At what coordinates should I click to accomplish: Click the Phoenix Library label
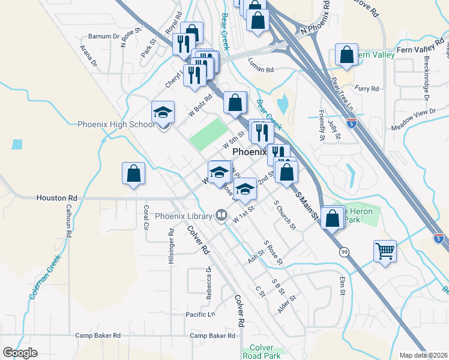point(183,216)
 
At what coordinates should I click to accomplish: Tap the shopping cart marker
point(385,251)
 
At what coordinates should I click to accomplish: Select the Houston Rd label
point(57,197)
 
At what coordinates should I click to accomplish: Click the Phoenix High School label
point(116,125)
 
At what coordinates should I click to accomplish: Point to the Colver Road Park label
point(263,352)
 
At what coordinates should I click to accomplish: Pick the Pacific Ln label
point(200,314)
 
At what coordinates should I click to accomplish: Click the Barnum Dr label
point(103,37)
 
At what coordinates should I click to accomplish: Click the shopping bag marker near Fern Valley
point(347,55)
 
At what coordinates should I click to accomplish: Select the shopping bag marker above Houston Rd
point(133,174)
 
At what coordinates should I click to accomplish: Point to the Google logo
point(20,353)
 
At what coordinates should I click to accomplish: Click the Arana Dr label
point(90,53)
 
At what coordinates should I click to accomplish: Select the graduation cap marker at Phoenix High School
point(163,112)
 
